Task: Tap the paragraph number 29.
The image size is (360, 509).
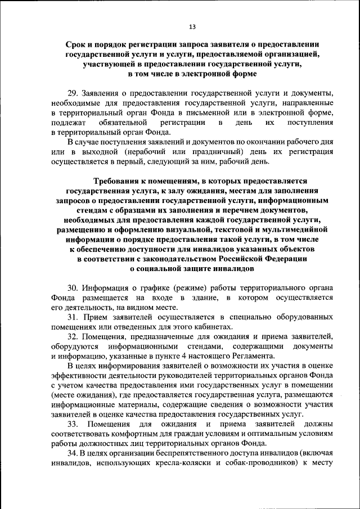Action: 73,92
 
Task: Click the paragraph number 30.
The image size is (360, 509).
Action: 73,287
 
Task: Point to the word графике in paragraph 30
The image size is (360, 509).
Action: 146,287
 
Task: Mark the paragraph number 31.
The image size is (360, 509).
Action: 73,318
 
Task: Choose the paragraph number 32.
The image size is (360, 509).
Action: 73,336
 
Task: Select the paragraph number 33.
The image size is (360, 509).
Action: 73,423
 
